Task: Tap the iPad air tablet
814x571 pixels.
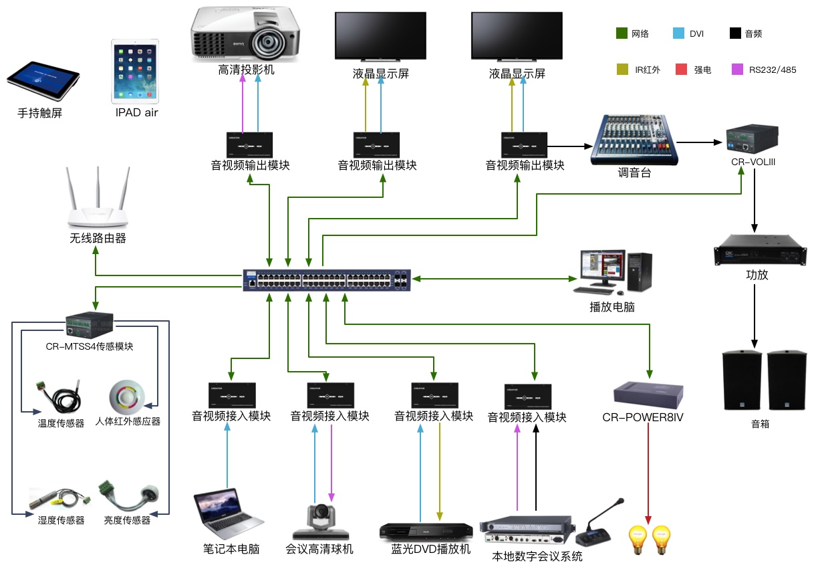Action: [x=136, y=70]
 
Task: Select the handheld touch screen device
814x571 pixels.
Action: [x=43, y=80]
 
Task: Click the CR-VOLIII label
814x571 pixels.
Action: [x=753, y=162]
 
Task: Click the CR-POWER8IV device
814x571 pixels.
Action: [x=648, y=394]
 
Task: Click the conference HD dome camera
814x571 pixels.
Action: [x=321, y=520]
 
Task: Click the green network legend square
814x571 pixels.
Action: [x=622, y=33]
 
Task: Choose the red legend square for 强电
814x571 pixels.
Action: [x=682, y=69]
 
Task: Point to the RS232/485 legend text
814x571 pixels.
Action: [x=772, y=70]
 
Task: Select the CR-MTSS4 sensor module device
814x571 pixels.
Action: [x=90, y=324]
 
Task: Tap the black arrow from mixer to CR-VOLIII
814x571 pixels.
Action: [x=700, y=142]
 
